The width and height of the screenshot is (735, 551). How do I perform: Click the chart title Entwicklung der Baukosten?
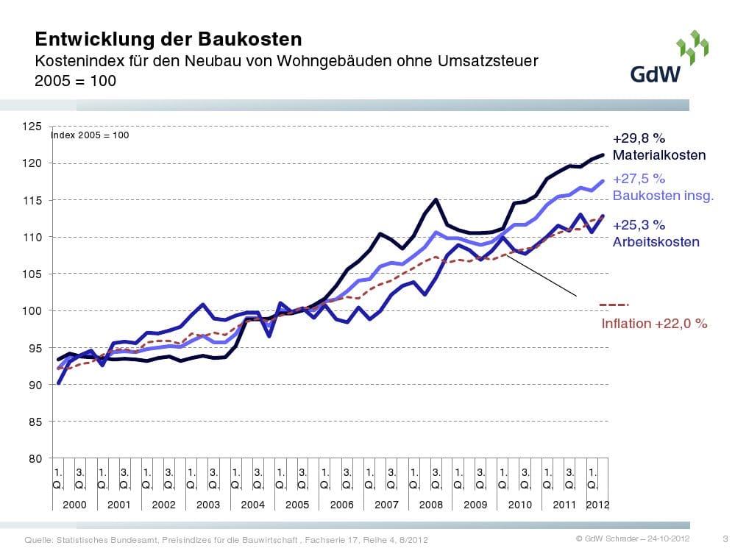[168, 39]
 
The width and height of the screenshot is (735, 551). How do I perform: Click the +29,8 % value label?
[639, 138]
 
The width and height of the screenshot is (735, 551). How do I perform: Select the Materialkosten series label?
[659, 155]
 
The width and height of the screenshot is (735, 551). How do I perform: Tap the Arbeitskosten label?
[656, 241]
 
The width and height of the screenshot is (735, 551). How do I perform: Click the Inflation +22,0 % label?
[654, 323]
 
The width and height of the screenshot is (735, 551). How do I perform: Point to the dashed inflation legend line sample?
[614, 305]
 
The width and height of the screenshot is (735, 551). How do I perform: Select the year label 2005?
[297, 505]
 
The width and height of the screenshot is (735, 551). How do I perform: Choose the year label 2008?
[431, 505]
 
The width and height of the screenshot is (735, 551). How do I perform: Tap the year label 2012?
[597, 505]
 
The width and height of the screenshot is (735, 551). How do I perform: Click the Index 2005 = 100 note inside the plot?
[90, 135]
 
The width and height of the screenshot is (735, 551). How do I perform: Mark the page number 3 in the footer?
[725, 540]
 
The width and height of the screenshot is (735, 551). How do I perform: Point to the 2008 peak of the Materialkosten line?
[436, 199]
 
